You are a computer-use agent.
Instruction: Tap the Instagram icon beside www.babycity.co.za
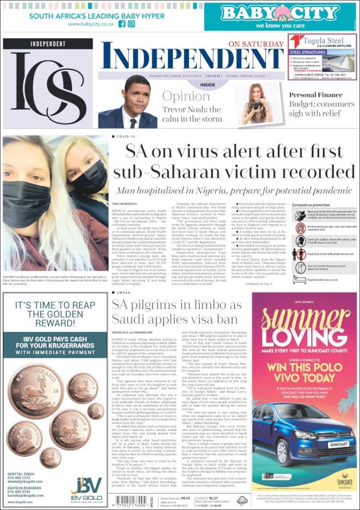point(132,24)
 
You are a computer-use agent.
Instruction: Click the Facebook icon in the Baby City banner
point(122,24)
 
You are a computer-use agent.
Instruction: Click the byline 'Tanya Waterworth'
point(123,204)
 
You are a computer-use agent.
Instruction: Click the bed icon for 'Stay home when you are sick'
point(298,279)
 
